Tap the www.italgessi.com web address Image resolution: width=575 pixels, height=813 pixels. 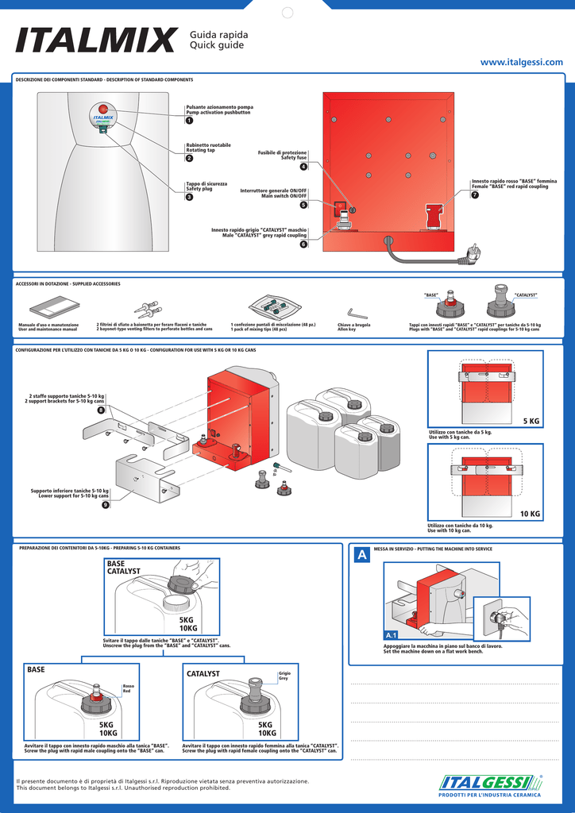[x=521, y=62]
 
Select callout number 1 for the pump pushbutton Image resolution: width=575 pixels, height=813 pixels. [x=189, y=121]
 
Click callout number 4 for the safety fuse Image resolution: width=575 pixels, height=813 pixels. [x=303, y=167]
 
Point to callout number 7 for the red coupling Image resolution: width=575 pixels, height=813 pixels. [x=475, y=196]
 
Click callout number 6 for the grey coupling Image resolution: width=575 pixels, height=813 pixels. [x=303, y=245]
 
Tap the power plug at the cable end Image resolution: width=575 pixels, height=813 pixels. [x=473, y=253]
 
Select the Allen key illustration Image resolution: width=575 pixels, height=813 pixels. [x=357, y=313]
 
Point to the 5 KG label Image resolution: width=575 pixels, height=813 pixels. [x=531, y=421]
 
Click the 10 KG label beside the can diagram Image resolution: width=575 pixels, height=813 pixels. [x=530, y=514]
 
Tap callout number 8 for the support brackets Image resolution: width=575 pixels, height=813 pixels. [x=101, y=410]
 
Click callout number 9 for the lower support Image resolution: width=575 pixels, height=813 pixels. [x=106, y=506]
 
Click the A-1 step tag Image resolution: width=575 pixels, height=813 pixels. [x=391, y=636]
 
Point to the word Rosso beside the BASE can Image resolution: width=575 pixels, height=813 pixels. [x=127, y=686]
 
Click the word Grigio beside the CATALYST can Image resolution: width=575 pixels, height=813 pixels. [x=284, y=673]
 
